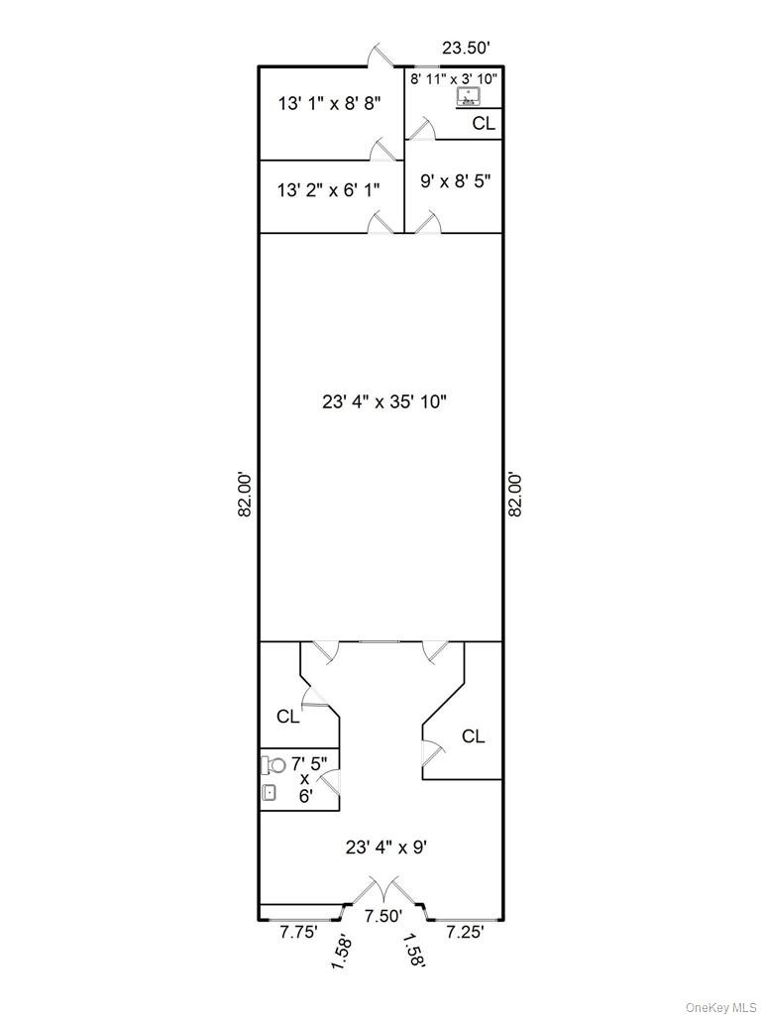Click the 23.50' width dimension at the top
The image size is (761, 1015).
tap(467, 46)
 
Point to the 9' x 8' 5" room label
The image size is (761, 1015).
tap(454, 181)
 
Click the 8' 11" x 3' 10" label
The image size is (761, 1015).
tap(455, 77)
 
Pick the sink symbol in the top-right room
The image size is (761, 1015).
tap(468, 97)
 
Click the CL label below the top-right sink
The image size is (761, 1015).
tap(483, 124)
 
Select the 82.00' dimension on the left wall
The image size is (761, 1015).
tap(247, 493)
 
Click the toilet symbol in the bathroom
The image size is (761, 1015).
tap(274, 764)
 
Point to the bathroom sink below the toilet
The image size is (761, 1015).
tap(270, 792)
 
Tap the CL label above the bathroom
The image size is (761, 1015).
tap(287, 717)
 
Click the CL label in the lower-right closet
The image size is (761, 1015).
tap(473, 735)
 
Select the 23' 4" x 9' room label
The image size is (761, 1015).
tap(385, 847)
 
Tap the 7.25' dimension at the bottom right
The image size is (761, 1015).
tap(464, 931)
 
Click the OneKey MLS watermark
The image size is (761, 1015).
tap(721, 1006)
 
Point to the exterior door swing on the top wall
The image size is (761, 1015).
tap(378, 56)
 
